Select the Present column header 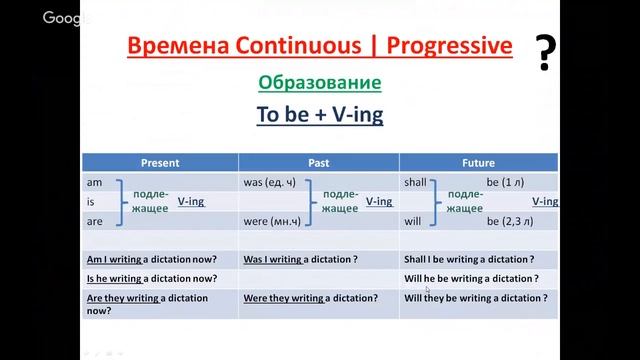pyautogui.click(x=160, y=160)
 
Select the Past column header pyautogui.click(x=318, y=160)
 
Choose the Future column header pyautogui.click(x=478, y=160)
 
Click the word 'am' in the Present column pyautogui.click(x=94, y=183)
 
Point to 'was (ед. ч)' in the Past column pyautogui.click(x=271, y=183)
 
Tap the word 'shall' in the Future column pyautogui.click(x=417, y=183)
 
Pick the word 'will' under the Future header pyautogui.click(x=413, y=220)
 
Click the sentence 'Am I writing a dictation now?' pyautogui.click(x=150, y=259)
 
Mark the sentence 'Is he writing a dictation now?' pyautogui.click(x=150, y=278)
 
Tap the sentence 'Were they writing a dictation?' pyautogui.click(x=310, y=297)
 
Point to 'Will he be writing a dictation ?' pyautogui.click(x=471, y=278)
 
